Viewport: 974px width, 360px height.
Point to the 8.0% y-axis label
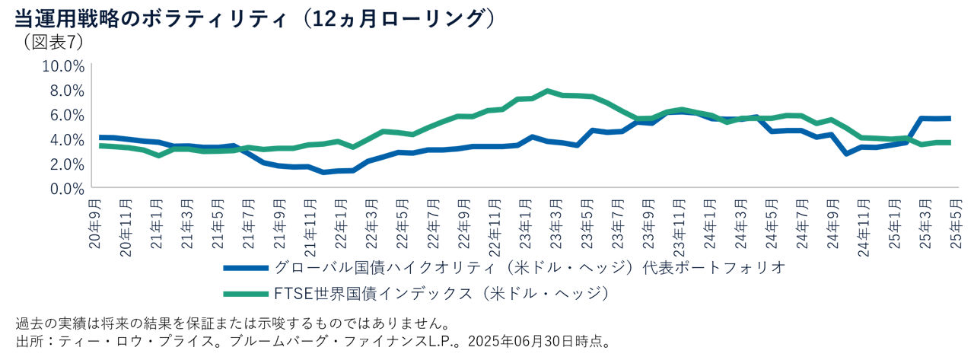[66, 91]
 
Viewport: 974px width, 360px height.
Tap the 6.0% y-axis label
[66, 115]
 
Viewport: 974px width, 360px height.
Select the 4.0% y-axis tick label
[66, 139]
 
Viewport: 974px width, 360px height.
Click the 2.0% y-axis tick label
[66, 164]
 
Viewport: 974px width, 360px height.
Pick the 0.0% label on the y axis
[66, 188]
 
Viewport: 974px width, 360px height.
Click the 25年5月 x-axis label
[955, 221]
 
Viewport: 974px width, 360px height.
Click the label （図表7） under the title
[53, 42]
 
